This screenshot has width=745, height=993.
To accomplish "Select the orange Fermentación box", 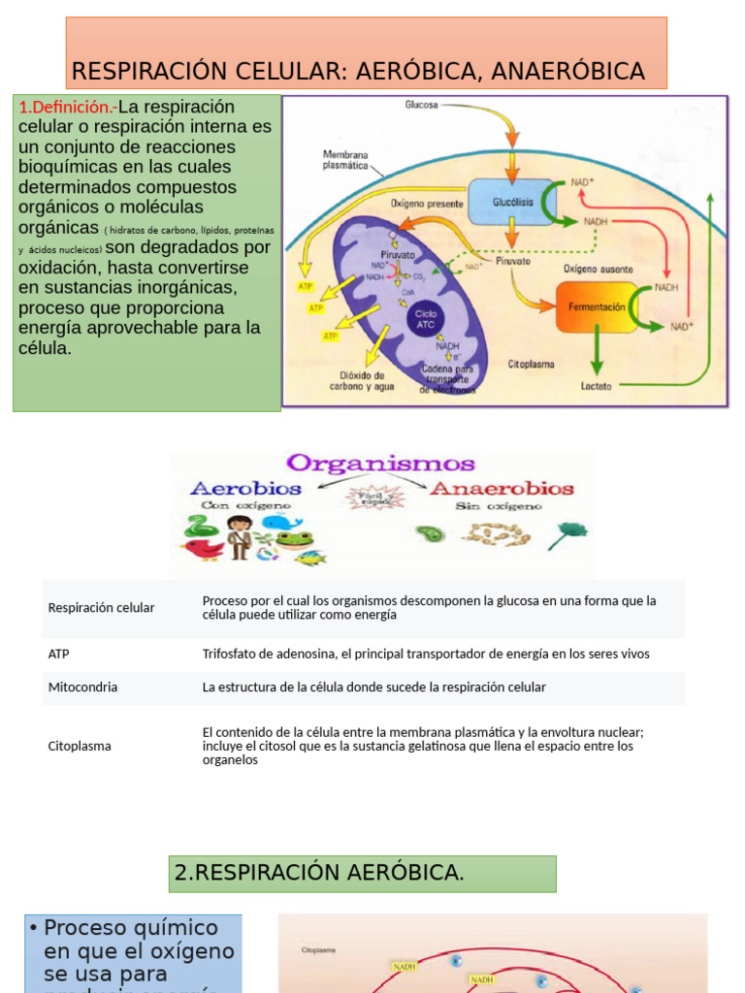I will [x=597, y=306].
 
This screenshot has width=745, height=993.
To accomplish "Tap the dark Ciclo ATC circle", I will [x=426, y=319].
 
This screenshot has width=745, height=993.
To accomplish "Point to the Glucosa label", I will [x=422, y=104].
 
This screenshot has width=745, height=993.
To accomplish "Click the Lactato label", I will [x=596, y=385].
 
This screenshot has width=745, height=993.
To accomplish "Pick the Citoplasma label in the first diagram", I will [x=531, y=365].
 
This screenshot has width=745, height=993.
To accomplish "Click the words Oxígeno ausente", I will [x=599, y=269].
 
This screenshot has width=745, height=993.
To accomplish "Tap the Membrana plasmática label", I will [x=345, y=160].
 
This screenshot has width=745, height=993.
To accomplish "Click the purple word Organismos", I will [x=380, y=464].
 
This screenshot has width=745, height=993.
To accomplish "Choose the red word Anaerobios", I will [x=502, y=489].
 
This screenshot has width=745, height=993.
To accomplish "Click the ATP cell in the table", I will [x=59, y=654].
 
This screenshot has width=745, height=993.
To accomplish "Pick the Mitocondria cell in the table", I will [x=83, y=687].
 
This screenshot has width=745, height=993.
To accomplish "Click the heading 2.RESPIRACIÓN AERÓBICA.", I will [x=319, y=873].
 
